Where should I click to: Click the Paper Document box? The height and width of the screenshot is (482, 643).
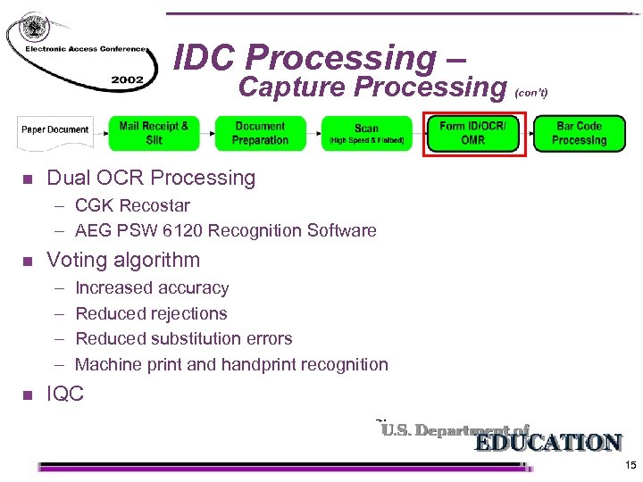click(55, 130)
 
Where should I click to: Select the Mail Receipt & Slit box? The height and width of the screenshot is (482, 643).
click(154, 133)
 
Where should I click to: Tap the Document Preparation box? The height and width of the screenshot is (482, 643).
click(260, 133)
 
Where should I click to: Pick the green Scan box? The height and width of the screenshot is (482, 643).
click(366, 134)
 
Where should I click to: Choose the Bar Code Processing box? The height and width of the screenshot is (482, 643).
click(579, 133)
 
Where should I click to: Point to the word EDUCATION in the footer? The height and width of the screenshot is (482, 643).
click(547, 443)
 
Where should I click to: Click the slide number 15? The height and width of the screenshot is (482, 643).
click(630, 466)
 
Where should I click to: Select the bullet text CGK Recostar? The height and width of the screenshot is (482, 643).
click(132, 205)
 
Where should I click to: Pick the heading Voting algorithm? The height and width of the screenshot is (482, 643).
click(123, 260)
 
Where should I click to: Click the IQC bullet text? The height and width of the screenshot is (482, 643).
click(65, 393)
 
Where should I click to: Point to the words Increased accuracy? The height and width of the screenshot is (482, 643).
click(152, 288)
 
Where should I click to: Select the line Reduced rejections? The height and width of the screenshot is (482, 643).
click(151, 313)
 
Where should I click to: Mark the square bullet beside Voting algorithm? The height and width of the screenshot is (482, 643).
click(26, 262)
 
